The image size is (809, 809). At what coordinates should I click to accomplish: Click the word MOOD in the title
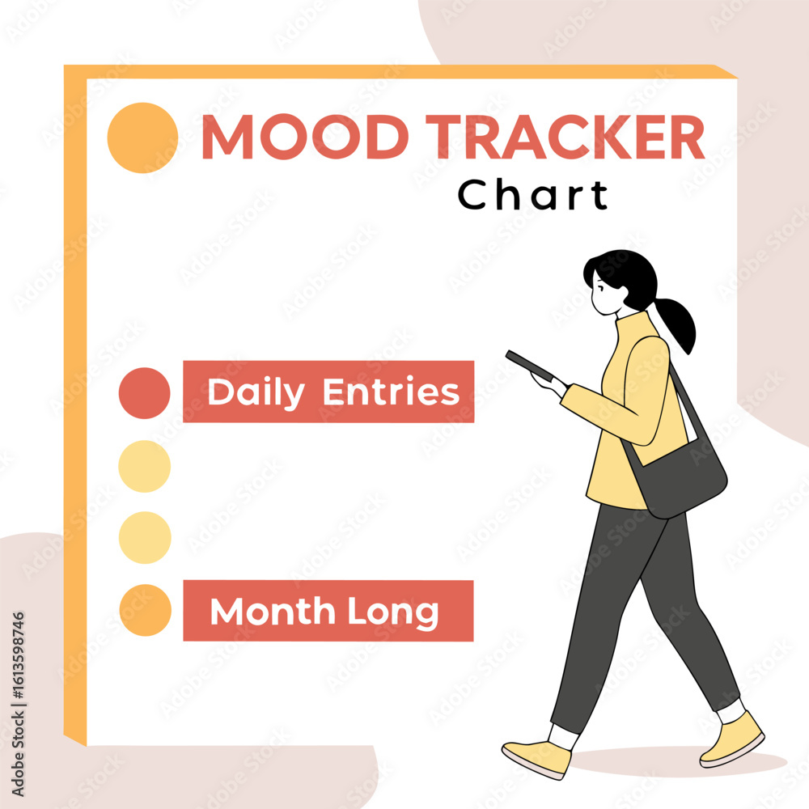pos(305,136)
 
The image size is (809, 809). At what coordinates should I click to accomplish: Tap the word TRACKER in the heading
pos(565,136)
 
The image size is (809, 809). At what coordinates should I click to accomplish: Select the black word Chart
pos(533,194)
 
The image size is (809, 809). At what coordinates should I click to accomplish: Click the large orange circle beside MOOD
pos(142,138)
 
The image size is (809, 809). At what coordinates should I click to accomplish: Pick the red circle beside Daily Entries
pos(145,392)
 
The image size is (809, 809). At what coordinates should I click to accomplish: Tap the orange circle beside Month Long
pos(145,610)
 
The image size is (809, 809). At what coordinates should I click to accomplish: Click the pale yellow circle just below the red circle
pos(145,466)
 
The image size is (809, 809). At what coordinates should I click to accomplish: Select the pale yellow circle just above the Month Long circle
pos(145,537)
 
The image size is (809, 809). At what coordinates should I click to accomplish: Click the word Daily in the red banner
pos(256,392)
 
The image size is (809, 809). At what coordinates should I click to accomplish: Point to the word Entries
pos(391,392)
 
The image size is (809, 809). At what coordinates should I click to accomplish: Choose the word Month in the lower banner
pos(273,612)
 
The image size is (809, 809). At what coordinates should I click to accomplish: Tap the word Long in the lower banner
pos(392,613)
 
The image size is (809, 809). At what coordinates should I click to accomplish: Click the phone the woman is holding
pos(529,365)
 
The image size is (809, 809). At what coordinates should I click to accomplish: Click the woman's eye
pos(601,287)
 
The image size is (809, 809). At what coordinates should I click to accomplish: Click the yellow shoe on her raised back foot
pos(733,739)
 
